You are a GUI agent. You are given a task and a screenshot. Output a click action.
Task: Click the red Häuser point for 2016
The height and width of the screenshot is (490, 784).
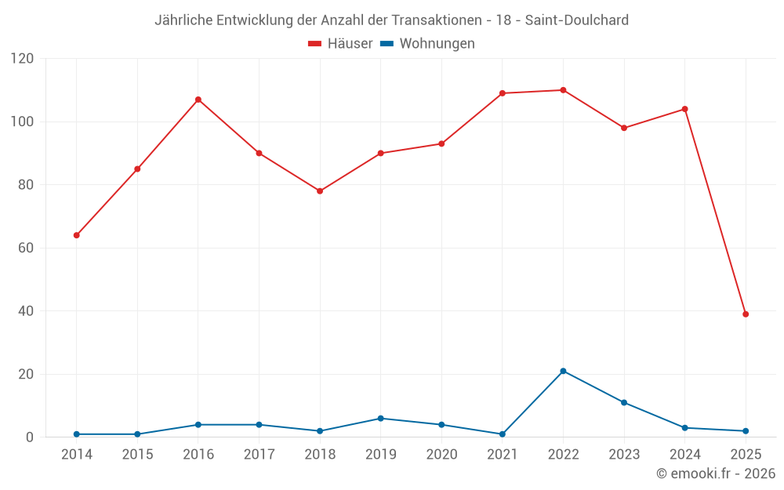198,100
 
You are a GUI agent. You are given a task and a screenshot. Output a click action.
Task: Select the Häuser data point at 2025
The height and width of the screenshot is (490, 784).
746,314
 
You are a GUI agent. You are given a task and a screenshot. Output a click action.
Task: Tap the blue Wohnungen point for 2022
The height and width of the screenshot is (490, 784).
563,371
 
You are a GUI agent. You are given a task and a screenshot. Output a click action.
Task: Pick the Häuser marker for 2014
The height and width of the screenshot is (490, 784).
76,235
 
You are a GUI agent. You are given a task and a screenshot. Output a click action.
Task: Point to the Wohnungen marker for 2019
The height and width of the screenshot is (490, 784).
381,419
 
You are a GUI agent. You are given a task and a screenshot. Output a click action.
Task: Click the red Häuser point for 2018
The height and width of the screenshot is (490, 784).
320,191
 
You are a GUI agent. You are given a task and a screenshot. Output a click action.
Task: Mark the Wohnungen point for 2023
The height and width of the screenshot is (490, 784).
624,402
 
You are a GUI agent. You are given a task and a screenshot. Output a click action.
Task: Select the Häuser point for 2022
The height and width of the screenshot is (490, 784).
563,90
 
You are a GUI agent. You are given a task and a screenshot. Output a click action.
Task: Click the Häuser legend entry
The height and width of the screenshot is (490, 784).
340,44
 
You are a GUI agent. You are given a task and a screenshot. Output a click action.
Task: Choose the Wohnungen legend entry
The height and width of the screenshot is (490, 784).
427,44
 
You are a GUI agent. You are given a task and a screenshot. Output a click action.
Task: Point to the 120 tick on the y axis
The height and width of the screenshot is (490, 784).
23,59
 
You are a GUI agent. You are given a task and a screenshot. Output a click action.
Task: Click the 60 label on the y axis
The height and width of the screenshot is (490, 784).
26,248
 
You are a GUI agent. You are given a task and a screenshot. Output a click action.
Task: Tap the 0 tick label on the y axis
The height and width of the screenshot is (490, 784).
30,437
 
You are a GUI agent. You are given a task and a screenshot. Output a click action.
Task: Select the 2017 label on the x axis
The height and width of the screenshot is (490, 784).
259,455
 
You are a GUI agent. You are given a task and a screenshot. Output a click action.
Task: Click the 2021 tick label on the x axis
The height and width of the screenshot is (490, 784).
503,455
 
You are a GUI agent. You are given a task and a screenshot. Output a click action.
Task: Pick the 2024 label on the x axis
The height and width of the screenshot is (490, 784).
685,455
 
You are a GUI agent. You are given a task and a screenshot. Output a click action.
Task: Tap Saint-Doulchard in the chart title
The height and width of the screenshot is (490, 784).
576,20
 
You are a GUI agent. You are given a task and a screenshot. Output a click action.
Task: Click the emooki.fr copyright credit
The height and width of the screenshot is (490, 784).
716,474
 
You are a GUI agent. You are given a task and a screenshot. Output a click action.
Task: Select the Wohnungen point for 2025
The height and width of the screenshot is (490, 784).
746,431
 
